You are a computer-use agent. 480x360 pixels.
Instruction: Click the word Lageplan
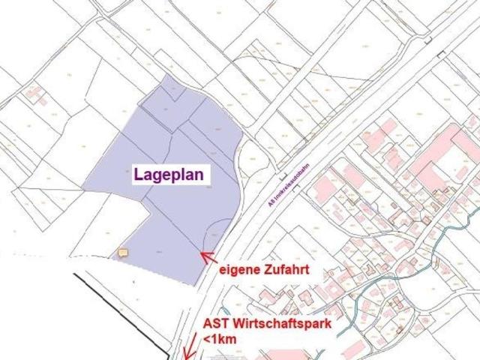click(172, 174)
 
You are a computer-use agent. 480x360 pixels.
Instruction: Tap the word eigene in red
click(239, 268)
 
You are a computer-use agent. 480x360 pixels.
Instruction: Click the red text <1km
click(219, 340)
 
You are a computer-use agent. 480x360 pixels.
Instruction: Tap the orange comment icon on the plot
click(123, 253)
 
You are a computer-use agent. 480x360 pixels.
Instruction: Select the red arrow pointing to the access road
click(208, 258)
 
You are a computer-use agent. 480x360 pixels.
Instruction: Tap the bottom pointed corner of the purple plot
click(197, 284)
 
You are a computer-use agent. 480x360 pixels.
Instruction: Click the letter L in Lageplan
click(139, 174)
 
